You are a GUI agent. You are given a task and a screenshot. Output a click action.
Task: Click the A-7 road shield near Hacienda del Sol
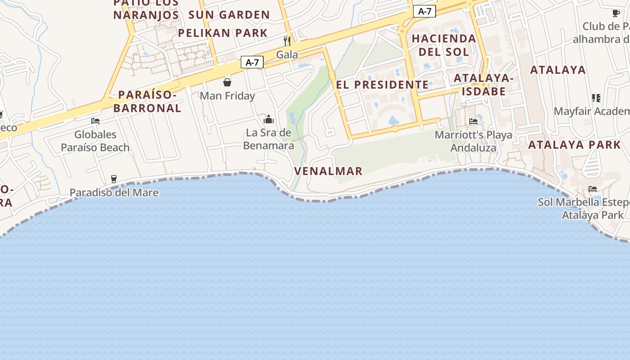[x=424, y=12]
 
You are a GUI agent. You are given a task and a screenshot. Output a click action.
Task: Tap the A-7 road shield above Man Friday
[x=252, y=62]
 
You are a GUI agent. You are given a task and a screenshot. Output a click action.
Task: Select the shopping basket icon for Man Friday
[x=227, y=82]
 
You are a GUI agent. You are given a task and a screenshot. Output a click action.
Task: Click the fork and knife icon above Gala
[x=287, y=41]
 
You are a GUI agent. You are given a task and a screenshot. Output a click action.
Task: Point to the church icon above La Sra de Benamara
[x=269, y=119]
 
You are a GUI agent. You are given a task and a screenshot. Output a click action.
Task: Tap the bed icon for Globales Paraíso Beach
[x=95, y=121]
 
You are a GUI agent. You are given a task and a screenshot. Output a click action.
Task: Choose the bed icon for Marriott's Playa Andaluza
[x=473, y=121]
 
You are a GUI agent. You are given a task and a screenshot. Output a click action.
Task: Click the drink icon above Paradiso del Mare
[x=113, y=179]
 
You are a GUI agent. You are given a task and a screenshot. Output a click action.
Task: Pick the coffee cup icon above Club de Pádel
[x=616, y=13]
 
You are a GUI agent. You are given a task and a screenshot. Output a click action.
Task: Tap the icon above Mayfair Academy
[x=596, y=98]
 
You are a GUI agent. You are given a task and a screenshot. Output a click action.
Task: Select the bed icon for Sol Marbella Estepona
[x=593, y=189]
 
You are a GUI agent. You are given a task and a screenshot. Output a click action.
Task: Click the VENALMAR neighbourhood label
[x=328, y=171]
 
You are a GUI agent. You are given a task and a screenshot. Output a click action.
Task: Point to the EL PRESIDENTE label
[x=382, y=85]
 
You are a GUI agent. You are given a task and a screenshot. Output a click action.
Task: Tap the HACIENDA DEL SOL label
[x=444, y=45]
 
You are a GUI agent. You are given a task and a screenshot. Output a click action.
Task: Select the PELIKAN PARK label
[x=223, y=33]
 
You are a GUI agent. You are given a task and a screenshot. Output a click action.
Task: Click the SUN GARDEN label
[x=229, y=15]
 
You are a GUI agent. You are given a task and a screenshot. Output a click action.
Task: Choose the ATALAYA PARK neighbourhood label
[x=574, y=145]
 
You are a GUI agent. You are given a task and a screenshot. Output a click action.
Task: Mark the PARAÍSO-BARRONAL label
[x=147, y=101]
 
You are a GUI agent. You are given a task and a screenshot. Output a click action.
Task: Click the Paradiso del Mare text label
[x=114, y=193]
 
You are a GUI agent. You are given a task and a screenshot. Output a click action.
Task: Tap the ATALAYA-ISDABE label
[x=483, y=85]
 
